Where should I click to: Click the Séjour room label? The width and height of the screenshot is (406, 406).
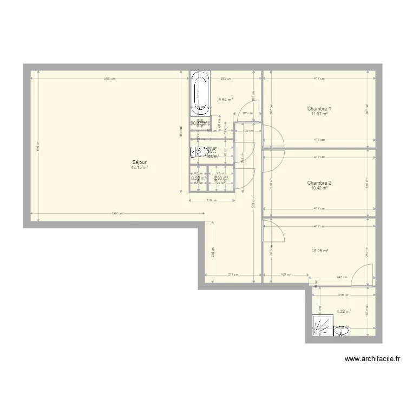[139, 162]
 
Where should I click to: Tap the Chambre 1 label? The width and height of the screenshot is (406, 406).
[319, 109]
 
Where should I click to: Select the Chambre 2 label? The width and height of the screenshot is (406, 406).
[319, 183]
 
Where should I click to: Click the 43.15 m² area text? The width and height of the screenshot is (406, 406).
[139, 168]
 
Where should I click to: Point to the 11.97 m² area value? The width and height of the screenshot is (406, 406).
[319, 114]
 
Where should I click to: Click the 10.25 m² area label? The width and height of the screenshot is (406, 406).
[320, 251]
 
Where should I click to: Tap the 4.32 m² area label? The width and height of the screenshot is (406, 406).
[343, 311]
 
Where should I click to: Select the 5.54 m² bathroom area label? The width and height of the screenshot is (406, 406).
[225, 100]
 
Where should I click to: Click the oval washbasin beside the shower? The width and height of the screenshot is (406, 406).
[342, 330]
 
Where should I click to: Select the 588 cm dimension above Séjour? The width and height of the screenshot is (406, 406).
[110, 79]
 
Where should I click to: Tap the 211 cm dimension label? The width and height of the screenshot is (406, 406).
[233, 274]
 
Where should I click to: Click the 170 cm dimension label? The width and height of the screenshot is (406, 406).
[212, 200]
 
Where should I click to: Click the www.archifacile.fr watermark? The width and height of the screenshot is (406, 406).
[372, 358]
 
